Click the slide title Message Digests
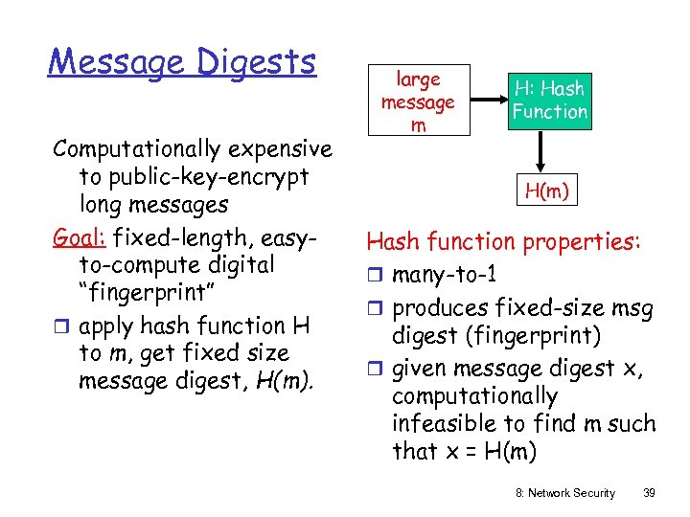click(182, 62)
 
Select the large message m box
click(418, 101)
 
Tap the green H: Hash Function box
click(550, 101)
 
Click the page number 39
click(649, 492)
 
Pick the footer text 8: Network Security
click(565, 492)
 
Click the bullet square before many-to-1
click(375, 276)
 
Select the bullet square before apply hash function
click(61, 326)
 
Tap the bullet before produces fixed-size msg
click(375, 308)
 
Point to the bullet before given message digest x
click(375, 369)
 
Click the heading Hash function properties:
click(504, 242)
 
